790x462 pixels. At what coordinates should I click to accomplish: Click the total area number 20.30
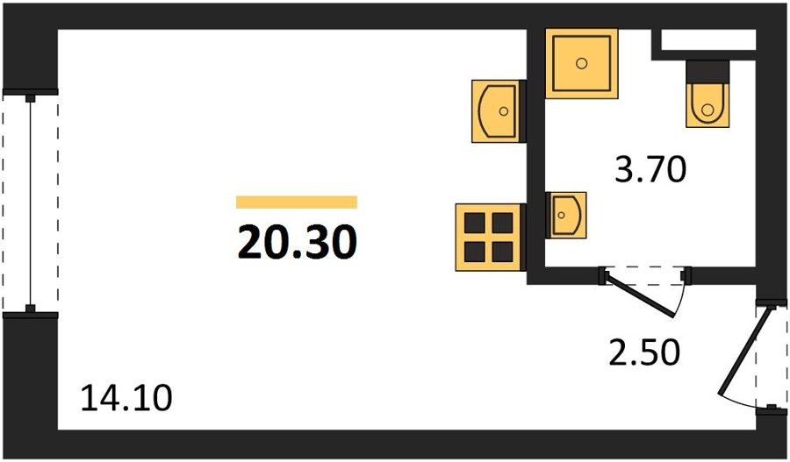(x=298, y=242)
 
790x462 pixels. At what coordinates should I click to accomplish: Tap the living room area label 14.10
(x=126, y=398)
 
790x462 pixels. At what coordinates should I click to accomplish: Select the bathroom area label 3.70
(x=650, y=169)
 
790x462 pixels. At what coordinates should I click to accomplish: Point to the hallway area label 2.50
(x=644, y=352)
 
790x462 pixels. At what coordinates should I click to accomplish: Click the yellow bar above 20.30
(x=297, y=202)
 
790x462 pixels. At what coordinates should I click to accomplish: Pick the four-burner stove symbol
(x=488, y=237)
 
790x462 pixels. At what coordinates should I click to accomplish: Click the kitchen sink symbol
(x=496, y=111)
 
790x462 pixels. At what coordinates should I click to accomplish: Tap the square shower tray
(x=581, y=63)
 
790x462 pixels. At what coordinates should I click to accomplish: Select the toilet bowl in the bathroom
(x=707, y=105)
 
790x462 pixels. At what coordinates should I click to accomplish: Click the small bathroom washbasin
(x=566, y=215)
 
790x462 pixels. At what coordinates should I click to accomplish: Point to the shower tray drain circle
(x=581, y=63)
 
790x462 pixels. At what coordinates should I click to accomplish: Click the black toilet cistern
(x=707, y=72)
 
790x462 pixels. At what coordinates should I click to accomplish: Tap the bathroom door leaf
(x=639, y=295)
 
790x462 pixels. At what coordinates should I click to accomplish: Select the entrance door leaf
(x=744, y=351)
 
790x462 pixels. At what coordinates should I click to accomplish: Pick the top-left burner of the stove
(x=474, y=223)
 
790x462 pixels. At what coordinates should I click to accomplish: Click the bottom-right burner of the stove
(x=502, y=252)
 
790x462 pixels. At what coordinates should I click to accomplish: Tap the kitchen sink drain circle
(x=503, y=111)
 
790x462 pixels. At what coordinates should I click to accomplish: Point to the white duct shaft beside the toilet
(x=707, y=39)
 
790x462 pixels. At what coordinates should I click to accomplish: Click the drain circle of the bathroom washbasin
(x=561, y=216)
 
